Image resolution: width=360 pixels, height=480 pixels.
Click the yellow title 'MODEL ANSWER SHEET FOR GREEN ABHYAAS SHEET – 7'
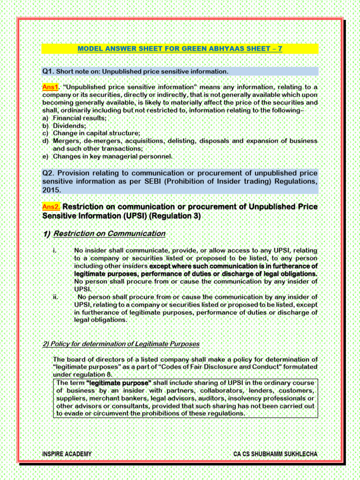click(x=180, y=49)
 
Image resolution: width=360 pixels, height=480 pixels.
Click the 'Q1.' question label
click(x=48, y=71)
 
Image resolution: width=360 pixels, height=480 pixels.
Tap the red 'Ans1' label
click(x=50, y=87)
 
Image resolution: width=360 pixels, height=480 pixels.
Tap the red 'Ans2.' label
click(x=51, y=207)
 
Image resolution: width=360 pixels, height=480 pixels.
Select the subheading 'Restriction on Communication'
click(x=109, y=233)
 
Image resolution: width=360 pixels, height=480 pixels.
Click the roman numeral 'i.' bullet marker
click(x=55, y=250)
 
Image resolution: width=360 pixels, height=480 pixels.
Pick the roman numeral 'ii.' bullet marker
click(x=56, y=297)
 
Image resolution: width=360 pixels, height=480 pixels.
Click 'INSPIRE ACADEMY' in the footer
click(x=67, y=454)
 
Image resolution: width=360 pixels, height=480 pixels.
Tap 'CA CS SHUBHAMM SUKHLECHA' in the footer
click(x=275, y=454)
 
